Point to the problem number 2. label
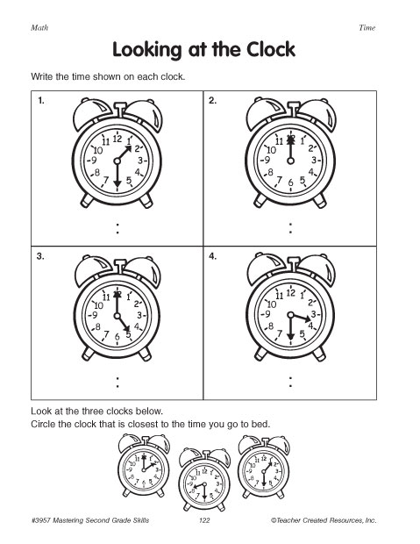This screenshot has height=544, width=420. [x=213, y=103]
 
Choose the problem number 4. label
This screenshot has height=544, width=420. [x=213, y=258]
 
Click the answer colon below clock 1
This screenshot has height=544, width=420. [x=116, y=228]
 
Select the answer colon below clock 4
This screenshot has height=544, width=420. [x=290, y=382]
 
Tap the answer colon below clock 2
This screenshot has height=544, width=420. [x=290, y=228]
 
